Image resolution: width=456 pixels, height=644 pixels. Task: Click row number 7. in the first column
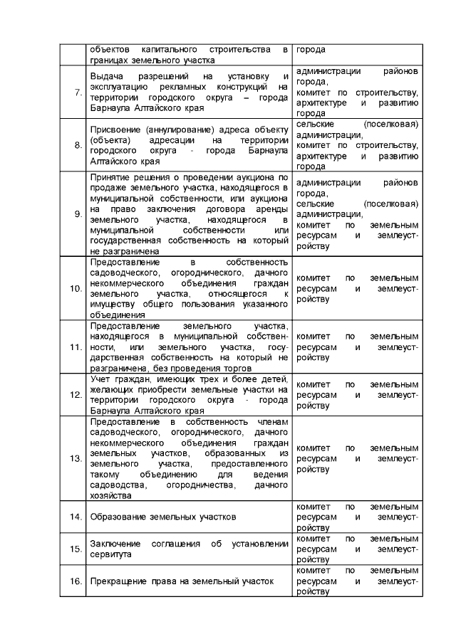point(77,93)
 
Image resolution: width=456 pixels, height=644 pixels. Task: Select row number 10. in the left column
point(75,288)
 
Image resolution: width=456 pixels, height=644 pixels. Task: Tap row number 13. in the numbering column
point(75,458)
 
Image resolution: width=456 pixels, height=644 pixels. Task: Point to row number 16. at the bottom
point(75,581)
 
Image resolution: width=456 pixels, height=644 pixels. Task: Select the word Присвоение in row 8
point(116,129)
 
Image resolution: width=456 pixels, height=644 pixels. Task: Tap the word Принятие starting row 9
point(112,176)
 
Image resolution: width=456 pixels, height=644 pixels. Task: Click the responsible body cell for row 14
point(356,516)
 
